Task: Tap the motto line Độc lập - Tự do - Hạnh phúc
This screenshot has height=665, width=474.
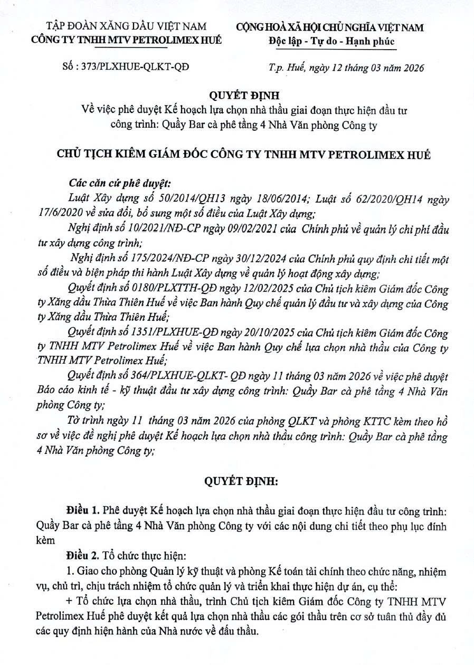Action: click(331, 42)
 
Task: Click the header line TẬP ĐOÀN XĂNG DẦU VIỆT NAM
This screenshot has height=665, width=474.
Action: click(126, 26)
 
